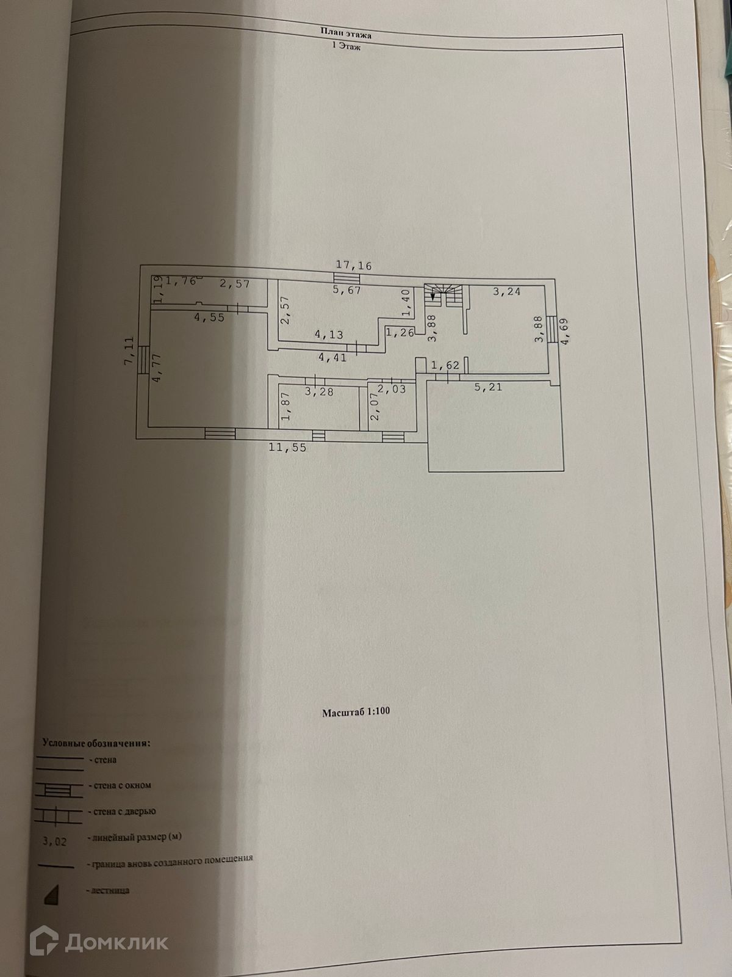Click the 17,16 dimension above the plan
[354, 266]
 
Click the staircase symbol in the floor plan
[445, 296]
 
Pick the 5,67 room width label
[347, 290]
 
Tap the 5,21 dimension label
[487, 387]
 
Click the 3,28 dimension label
[319, 391]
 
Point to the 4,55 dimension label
[209, 318]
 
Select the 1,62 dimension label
[445, 366]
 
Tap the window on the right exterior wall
[552, 330]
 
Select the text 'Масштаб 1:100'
[356, 711]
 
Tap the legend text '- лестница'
[110, 890]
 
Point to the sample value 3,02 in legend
[54, 841]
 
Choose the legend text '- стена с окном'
[120, 785]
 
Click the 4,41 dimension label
[332, 357]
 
